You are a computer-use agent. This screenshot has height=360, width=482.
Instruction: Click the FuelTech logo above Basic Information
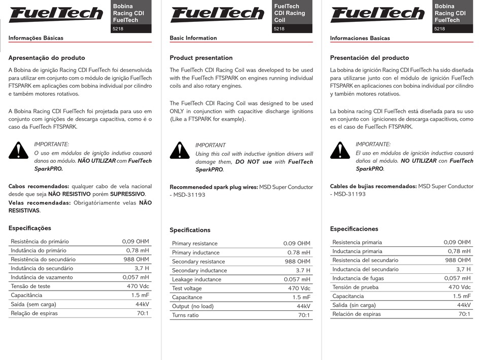tap(217, 14)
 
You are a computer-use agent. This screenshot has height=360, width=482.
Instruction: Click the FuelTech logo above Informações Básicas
tap(56, 14)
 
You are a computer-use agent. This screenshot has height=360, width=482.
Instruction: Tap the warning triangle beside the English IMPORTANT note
tap(180, 151)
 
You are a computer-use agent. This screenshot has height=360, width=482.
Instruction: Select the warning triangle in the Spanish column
tap(340, 150)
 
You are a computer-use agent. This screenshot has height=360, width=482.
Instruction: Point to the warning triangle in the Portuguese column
tap(19, 150)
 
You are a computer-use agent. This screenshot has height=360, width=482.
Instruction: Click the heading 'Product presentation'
tap(201, 58)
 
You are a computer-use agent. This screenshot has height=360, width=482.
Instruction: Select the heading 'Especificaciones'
tap(354, 229)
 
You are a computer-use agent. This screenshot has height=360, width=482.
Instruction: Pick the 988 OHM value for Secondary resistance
tap(297, 262)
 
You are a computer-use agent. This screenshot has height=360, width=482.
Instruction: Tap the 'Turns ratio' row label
tap(185, 315)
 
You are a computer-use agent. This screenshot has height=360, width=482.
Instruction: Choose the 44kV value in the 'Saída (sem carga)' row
tap(142, 304)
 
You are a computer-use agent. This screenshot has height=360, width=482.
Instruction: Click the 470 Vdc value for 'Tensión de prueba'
tap(458, 287)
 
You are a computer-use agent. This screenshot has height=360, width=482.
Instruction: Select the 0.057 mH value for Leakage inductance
tap(297, 279)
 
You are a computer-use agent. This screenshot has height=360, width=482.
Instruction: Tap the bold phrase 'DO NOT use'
tap(254, 162)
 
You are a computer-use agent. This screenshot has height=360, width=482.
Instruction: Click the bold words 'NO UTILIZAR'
tap(419, 161)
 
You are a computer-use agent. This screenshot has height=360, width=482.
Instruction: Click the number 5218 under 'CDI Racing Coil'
tap(279, 29)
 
